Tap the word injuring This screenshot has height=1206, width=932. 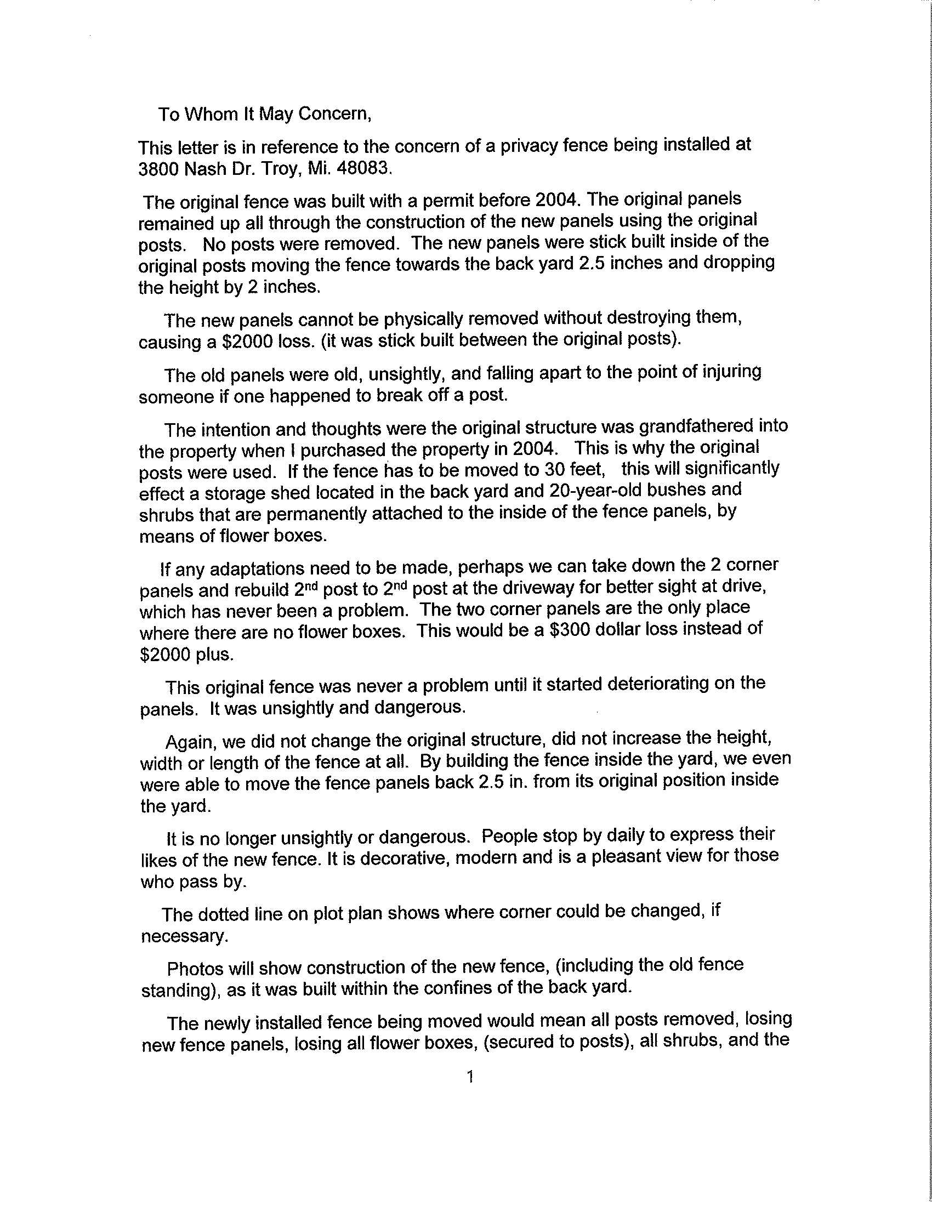click(726, 372)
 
